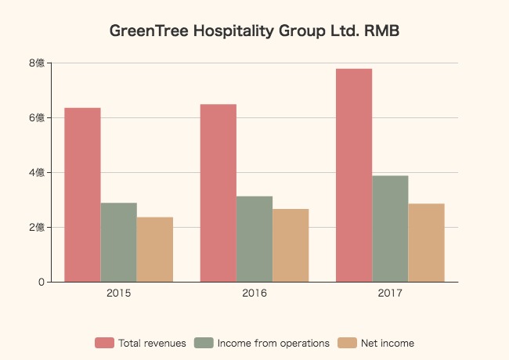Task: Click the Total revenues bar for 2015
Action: point(82,195)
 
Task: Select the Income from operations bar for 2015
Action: point(118,243)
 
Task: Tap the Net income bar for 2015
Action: point(154,250)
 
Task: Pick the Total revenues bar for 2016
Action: point(218,193)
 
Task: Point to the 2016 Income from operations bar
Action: point(254,239)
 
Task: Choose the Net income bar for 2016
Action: point(291,246)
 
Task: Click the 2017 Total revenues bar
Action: point(354,175)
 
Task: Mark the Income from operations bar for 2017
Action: point(390,229)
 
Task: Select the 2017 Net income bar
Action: point(426,243)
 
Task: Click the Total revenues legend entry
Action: point(141,343)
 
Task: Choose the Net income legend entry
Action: point(377,343)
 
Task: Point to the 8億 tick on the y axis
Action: point(34,63)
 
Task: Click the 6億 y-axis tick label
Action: point(34,118)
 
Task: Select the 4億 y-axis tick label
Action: point(34,173)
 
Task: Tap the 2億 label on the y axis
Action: point(34,228)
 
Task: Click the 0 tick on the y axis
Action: point(40,283)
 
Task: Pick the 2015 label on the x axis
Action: point(118,294)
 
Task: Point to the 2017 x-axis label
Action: point(390,294)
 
